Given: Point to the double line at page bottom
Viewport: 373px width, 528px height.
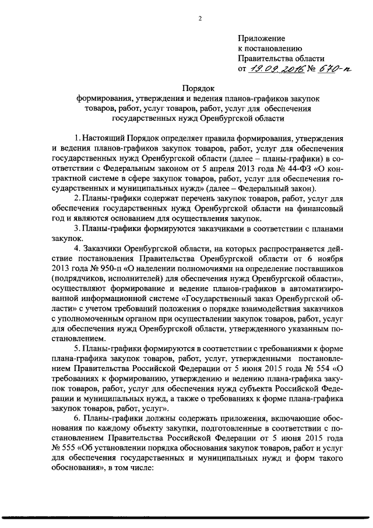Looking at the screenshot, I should coord(186,517).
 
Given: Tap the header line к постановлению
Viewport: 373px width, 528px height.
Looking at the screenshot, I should coord(269,47).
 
